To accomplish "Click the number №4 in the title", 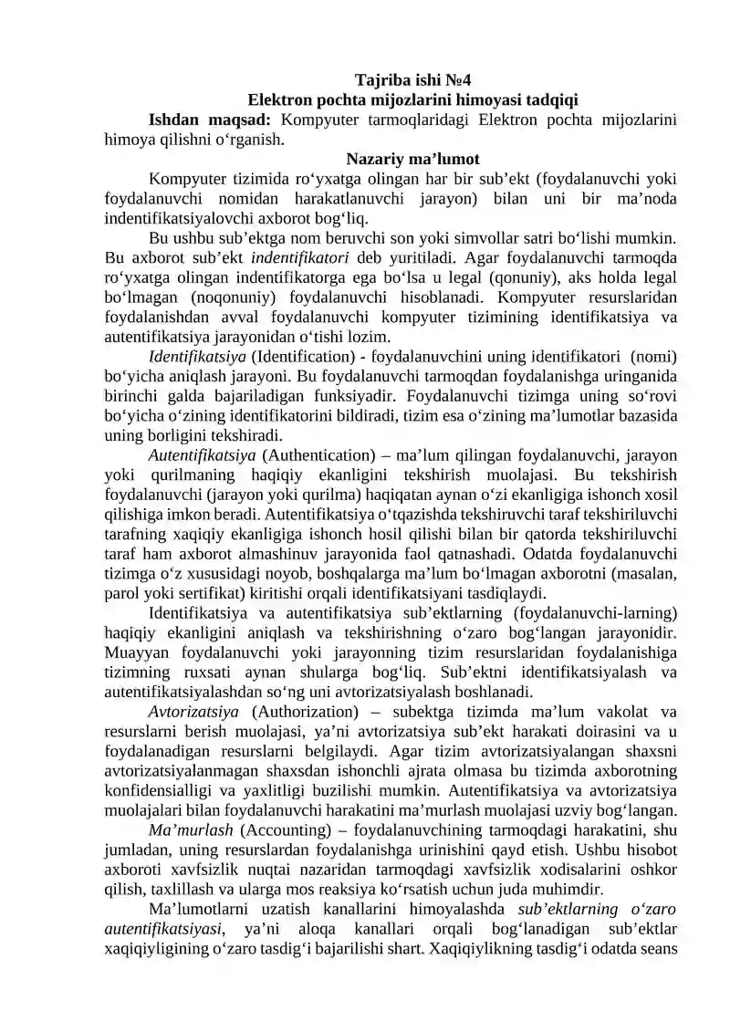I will point(455,79).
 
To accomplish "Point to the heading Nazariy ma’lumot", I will point(412,159).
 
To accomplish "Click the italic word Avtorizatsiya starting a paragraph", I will point(193,711).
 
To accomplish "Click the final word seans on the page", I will point(656,948).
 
